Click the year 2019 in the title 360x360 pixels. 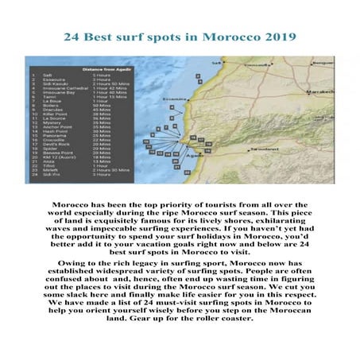(279, 37)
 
